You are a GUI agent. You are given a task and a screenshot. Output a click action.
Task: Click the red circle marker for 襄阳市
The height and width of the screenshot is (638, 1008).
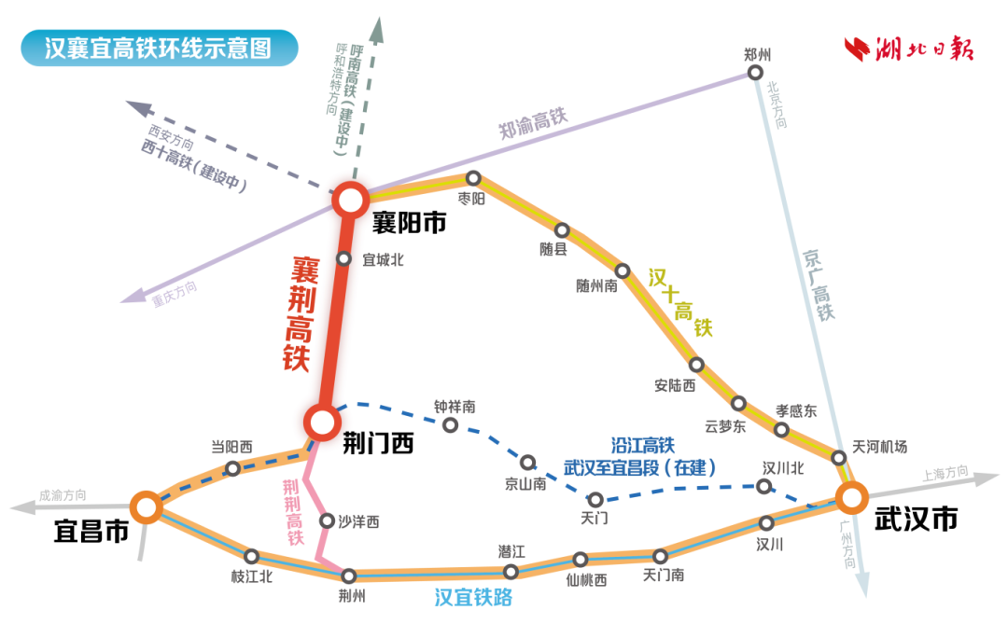pos(352,199)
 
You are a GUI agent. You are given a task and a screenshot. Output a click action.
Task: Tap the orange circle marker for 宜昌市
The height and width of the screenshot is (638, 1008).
pos(146,506)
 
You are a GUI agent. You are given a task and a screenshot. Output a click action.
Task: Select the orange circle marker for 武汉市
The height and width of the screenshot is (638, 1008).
pos(850,497)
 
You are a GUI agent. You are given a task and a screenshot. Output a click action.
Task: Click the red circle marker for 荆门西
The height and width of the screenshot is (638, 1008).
pos(321,423)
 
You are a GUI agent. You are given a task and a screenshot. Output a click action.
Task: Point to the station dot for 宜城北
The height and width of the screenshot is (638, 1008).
pos(343,259)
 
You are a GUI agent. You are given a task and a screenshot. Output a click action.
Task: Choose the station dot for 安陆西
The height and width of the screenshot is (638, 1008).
pos(695,364)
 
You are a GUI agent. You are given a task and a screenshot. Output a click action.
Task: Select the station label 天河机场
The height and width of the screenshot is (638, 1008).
pos(879,447)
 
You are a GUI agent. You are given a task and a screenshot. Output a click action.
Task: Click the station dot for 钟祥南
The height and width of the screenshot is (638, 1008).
pos(450,425)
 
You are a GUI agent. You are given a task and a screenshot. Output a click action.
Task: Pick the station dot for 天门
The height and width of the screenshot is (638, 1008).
pos(595,499)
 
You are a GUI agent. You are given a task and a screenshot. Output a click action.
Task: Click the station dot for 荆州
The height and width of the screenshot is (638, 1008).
pos(350,576)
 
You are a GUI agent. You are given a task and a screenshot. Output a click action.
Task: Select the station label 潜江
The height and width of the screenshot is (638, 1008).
pos(512,550)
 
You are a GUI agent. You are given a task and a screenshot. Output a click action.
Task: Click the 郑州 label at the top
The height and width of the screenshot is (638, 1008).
pos(758,54)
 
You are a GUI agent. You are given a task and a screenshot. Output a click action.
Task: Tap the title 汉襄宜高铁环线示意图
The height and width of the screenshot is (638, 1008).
pos(159,48)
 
